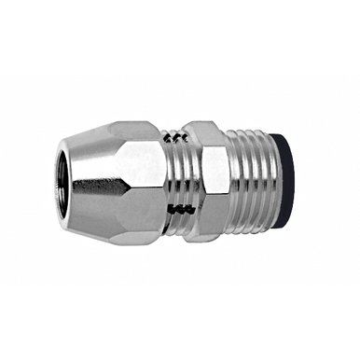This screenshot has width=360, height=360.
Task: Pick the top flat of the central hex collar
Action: [209, 127]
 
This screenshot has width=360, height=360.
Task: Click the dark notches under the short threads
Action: [174, 208]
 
